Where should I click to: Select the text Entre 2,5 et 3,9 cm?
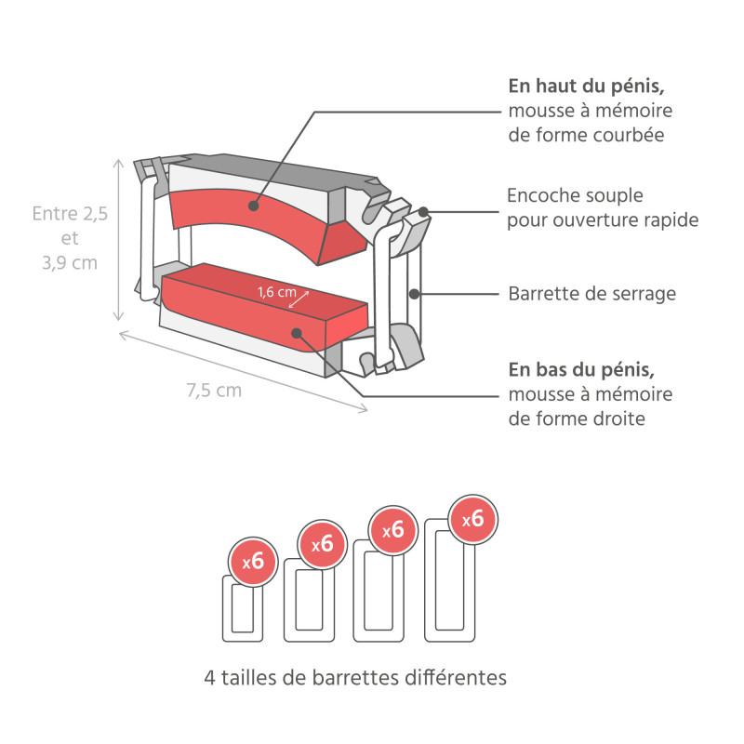[x=70, y=238]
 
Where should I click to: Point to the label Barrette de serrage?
[x=591, y=294]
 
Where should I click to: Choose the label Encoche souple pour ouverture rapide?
[x=602, y=208]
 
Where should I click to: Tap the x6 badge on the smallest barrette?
[x=253, y=562]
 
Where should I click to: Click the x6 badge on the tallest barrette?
[x=472, y=519]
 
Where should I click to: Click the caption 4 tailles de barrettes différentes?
[x=355, y=677]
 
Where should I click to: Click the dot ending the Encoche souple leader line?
[x=423, y=212]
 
